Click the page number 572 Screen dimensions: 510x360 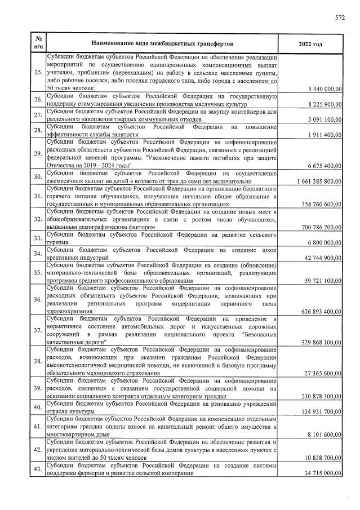click(340, 17)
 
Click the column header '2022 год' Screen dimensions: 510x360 click(312, 43)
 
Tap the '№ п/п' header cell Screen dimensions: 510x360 click(38, 43)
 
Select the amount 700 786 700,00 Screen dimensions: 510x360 click(318, 227)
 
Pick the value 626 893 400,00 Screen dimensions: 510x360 click(318, 311)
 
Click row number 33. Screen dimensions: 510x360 click(38, 238)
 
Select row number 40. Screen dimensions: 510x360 click(38, 407)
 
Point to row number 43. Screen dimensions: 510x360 click(38, 471)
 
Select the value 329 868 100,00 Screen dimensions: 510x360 click(318, 342)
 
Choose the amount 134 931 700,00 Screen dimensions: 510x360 click(318, 411)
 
